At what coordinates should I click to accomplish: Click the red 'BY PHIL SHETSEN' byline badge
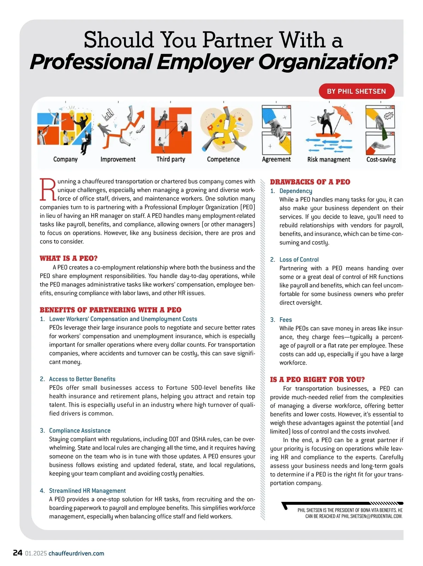click(x=356, y=91)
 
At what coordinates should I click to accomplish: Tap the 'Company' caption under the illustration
click(x=65, y=159)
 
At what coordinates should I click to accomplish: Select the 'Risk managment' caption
click(x=329, y=160)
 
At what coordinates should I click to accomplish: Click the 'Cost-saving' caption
click(x=381, y=160)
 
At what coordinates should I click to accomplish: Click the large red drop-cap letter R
click(x=48, y=190)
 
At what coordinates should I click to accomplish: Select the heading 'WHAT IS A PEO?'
click(x=68, y=258)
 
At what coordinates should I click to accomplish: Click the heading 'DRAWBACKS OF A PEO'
click(x=310, y=182)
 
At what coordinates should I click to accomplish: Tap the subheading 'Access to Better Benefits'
click(x=82, y=379)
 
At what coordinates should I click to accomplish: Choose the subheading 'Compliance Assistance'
click(x=80, y=430)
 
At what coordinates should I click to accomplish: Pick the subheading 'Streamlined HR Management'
click(x=87, y=491)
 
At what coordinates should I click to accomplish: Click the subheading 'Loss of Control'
click(x=299, y=259)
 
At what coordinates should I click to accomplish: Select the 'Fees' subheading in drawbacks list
click(x=286, y=320)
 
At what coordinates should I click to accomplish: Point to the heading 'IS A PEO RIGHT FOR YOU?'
click(x=317, y=380)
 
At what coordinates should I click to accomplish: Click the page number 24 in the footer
click(x=18, y=553)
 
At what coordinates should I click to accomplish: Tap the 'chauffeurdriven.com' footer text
click(x=76, y=553)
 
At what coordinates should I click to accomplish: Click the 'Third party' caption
click(x=171, y=159)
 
